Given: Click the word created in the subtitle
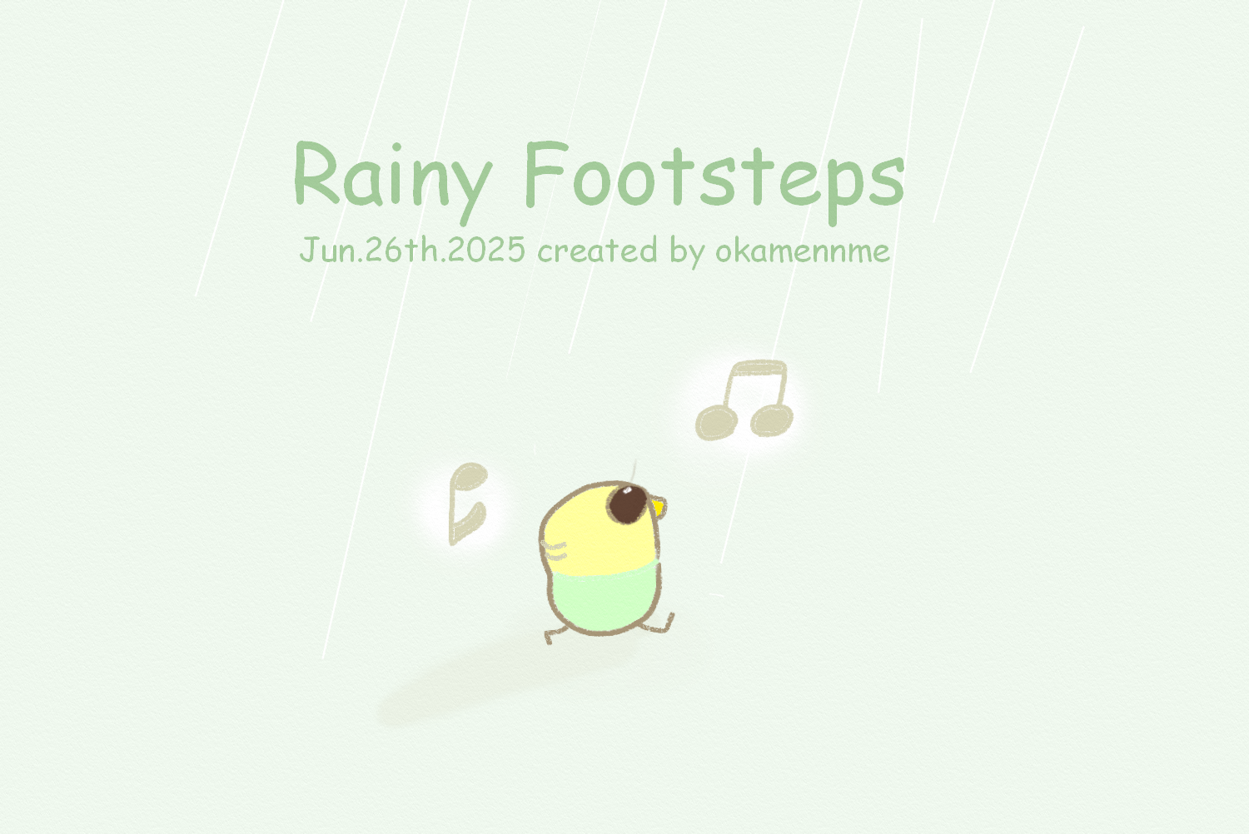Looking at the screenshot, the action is click(597, 251).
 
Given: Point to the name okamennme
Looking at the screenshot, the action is click(803, 251).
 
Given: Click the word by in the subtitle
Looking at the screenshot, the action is click(687, 252).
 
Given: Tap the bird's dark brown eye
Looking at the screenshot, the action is click(627, 504).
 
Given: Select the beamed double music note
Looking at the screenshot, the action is click(744, 400).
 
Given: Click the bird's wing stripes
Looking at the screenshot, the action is click(555, 551).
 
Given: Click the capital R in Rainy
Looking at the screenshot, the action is click(316, 173).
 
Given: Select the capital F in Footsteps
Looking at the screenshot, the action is click(545, 173).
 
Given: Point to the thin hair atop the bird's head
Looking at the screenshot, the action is click(634, 471).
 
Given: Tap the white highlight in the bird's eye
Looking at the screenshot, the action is click(627, 490).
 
